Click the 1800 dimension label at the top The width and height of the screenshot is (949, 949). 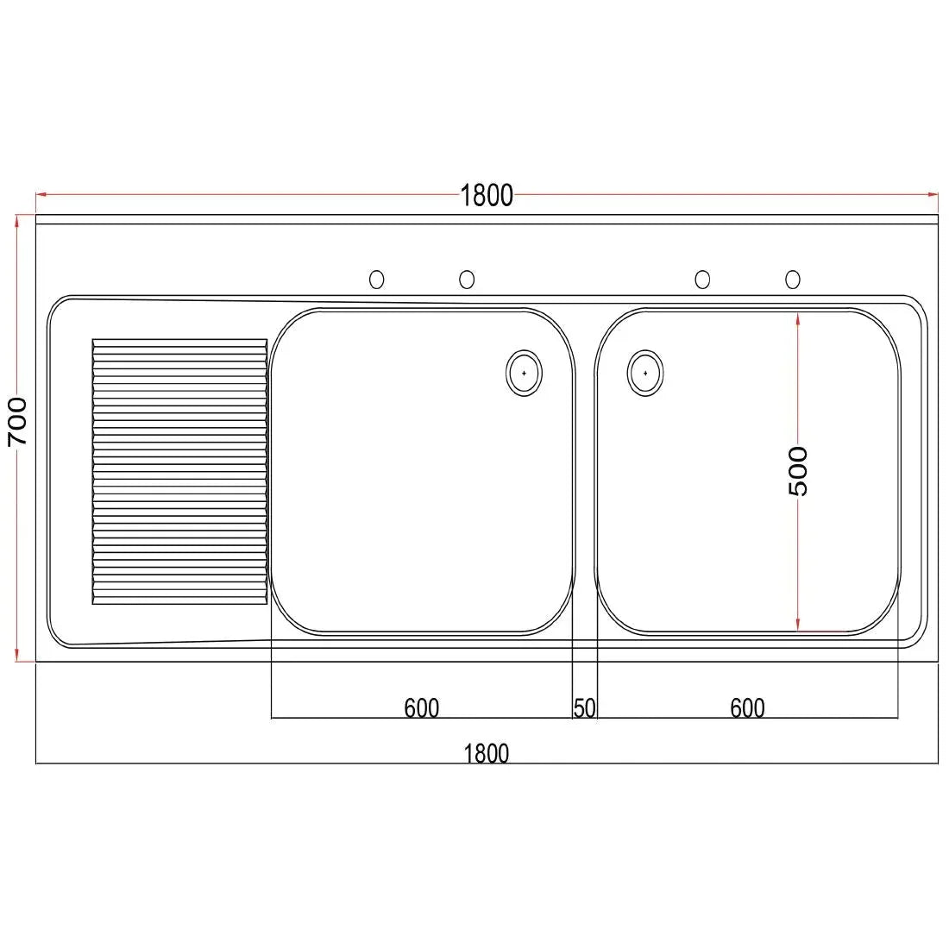(487, 196)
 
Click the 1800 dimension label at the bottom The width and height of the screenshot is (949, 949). (486, 753)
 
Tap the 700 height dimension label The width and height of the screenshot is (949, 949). (17, 422)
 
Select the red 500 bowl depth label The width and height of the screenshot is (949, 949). (798, 471)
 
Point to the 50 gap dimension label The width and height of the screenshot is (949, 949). (585, 708)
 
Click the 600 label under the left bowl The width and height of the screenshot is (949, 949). (421, 708)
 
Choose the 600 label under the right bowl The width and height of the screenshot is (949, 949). (747, 708)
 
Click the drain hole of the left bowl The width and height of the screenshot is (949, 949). (524, 373)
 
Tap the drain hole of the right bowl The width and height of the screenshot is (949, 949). (645, 373)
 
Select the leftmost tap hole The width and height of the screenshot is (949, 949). (376, 279)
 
